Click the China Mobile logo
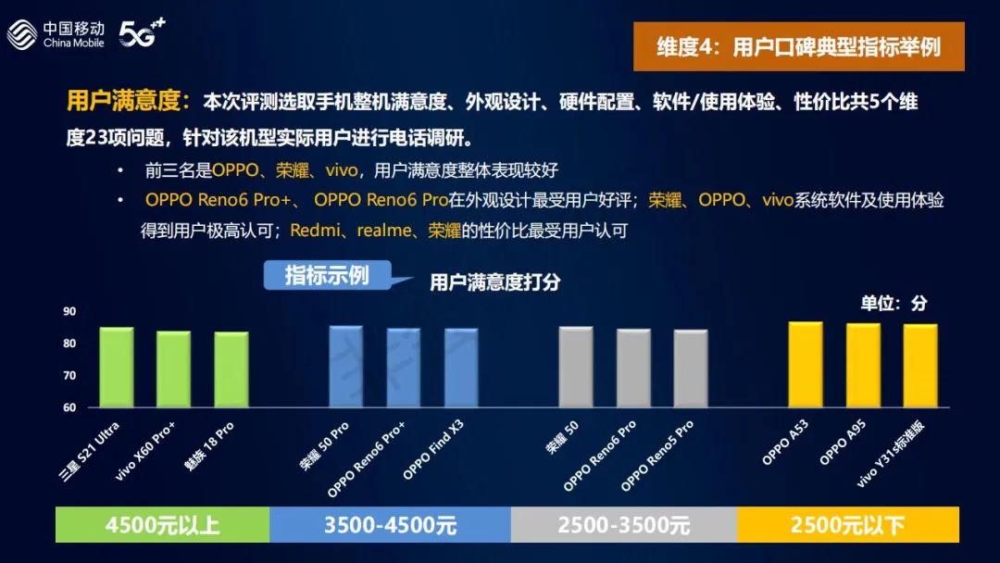pyautogui.click(x=56, y=33)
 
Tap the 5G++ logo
pyautogui.click(x=143, y=32)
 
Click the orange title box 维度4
pyautogui.click(x=798, y=46)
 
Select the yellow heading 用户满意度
pyautogui.click(x=128, y=101)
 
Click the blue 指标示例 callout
pyautogui.click(x=328, y=275)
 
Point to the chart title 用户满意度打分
pyautogui.click(x=494, y=281)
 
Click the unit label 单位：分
pyautogui.click(x=893, y=303)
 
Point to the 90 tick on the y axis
pyautogui.click(x=69, y=311)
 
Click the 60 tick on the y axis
pyautogui.click(x=69, y=407)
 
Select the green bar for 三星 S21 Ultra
pyautogui.click(x=117, y=368)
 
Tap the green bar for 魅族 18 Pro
pyautogui.click(x=231, y=369)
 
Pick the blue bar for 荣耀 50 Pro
pyautogui.click(x=346, y=367)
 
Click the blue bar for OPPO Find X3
pyautogui.click(x=461, y=368)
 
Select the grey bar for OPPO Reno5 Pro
pyautogui.click(x=691, y=369)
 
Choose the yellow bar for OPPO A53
pyautogui.click(x=806, y=365)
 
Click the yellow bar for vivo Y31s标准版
pyautogui.click(x=920, y=366)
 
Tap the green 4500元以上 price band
pyautogui.click(x=163, y=525)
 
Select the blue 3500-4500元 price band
pyautogui.click(x=391, y=525)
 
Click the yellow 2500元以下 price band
pyautogui.click(x=848, y=525)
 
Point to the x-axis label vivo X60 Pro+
pyautogui.click(x=144, y=452)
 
